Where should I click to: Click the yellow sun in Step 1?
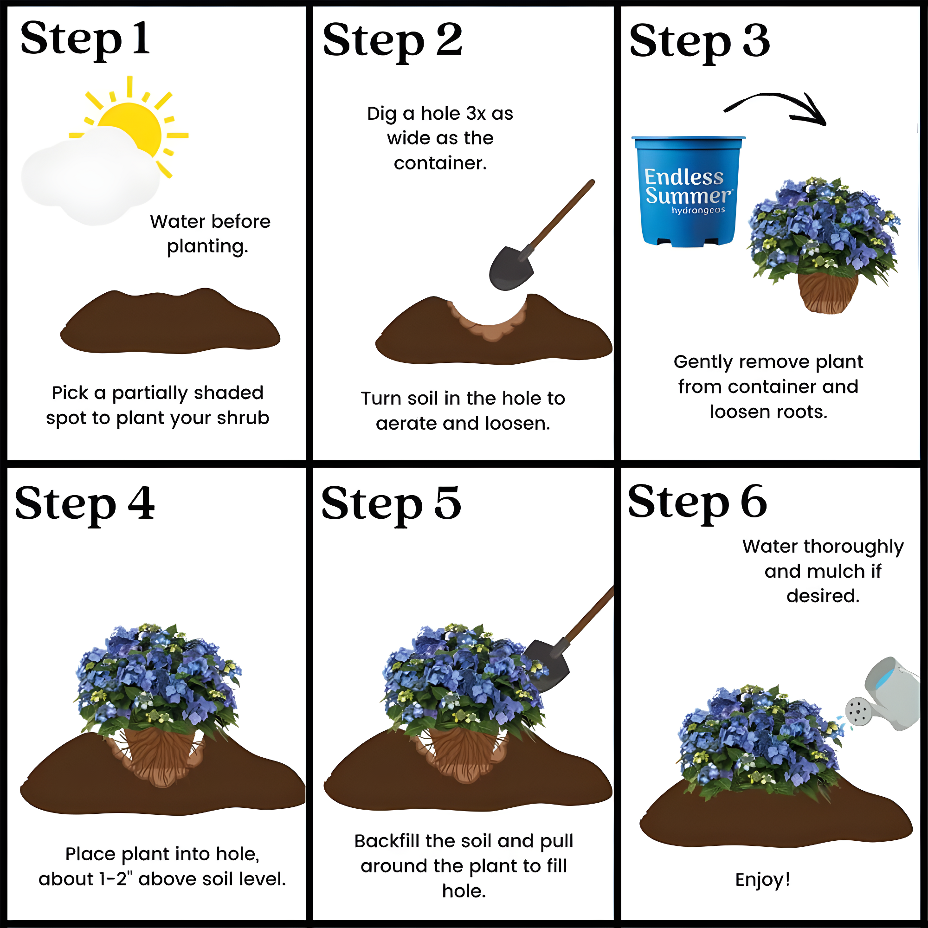(132, 125)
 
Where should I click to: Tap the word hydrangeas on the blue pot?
(698, 210)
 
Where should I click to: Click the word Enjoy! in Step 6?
(763, 879)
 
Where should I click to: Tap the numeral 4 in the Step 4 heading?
(141, 503)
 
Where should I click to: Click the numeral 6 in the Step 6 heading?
(754, 501)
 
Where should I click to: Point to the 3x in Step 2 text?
(476, 114)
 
